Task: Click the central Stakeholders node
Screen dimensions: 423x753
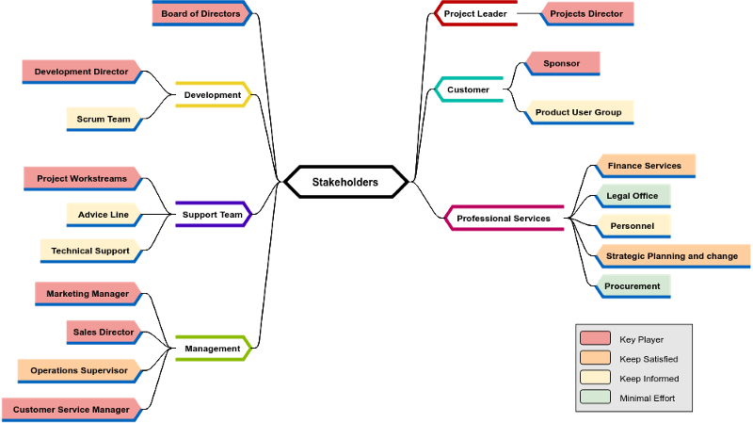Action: pos(345,182)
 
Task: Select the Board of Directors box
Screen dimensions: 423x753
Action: pos(201,14)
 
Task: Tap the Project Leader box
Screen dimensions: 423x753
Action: pos(475,14)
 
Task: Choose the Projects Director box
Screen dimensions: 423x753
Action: pos(586,14)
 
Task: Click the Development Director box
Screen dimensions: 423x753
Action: pos(82,72)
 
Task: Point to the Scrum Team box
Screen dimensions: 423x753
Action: pos(104,120)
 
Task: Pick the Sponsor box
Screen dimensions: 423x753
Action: pos(562,64)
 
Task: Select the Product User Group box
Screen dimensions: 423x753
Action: pos(579,112)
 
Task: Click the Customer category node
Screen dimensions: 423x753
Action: pos(468,89)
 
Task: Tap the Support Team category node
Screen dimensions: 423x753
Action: pos(213,215)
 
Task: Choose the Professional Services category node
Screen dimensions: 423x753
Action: pos(504,219)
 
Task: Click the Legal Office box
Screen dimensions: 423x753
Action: pos(633,196)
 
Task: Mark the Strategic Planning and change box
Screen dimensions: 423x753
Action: pos(672,256)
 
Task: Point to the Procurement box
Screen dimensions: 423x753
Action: pos(633,286)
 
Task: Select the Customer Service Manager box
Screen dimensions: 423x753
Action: pos(72,410)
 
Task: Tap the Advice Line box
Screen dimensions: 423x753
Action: pos(104,215)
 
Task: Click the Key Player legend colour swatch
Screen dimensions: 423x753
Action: pos(595,339)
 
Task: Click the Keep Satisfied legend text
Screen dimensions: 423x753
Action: pos(649,359)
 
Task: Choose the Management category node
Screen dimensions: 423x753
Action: pos(213,349)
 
